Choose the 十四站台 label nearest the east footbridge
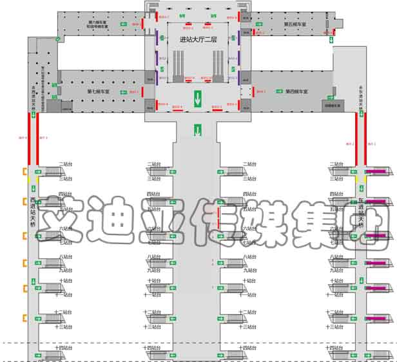(335, 348)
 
